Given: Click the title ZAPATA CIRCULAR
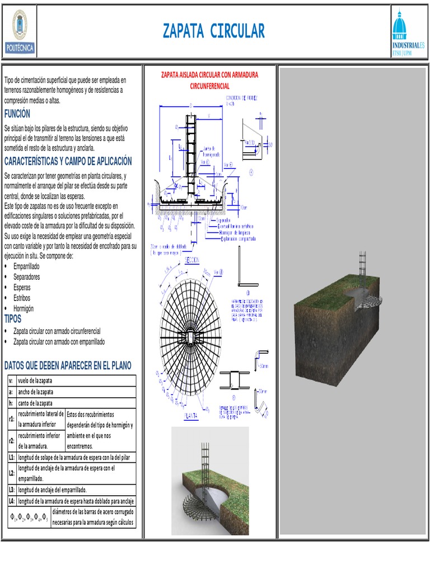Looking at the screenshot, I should tap(214, 31).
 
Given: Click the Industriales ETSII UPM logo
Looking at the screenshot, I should tap(408, 32).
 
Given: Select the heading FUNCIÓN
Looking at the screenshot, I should tap(17, 114).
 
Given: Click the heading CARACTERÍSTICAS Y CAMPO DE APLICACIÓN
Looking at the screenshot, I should tap(68, 161).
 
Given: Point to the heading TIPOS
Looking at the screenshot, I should tap(13, 319).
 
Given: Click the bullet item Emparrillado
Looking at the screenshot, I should tap(26, 266).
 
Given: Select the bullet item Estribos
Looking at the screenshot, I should tap(22, 298).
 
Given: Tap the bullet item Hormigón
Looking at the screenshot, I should tap(24, 308).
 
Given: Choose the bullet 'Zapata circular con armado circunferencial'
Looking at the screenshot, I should tap(57, 331).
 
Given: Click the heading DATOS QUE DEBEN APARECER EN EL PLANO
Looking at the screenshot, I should tap(68, 365).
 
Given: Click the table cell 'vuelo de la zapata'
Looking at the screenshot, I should tap(41, 381).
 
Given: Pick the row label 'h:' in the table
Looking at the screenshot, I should tap(11, 403).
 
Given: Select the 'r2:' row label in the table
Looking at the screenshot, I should tap(12, 440).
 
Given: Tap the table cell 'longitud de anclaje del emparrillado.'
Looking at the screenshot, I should tap(53, 489).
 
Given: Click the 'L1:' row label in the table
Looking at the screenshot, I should tap(12, 457).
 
